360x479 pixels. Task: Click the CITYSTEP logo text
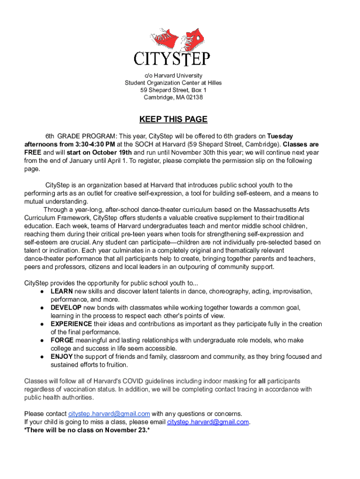coord(173,59)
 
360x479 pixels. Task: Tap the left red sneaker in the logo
coord(163,38)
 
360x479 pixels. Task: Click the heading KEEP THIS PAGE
coord(173,119)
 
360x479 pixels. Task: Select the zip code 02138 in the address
coord(194,97)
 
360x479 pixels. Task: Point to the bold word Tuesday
coord(280,136)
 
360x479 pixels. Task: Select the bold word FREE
coord(33,152)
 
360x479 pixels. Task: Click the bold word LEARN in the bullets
coord(62,291)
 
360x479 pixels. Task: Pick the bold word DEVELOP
coord(66,308)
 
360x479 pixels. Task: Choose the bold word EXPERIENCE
coord(71,324)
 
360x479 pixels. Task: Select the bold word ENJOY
coord(62,356)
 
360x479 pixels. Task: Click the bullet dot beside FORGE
coord(42,341)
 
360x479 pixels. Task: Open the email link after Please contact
coord(109,414)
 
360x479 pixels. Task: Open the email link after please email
coord(208,422)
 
